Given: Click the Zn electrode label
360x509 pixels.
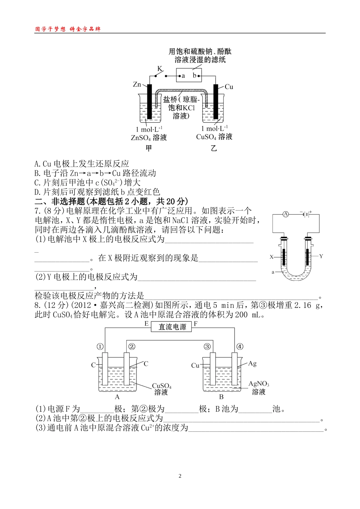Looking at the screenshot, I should (x=137, y=84).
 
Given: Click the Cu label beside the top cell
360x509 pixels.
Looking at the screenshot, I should (x=229, y=87).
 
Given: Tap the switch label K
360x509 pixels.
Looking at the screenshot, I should (x=160, y=69).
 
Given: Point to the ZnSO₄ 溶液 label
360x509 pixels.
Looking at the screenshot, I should (x=149, y=137).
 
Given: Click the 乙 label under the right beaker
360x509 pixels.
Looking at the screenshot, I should (x=214, y=148).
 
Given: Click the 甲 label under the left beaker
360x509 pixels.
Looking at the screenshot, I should (x=149, y=148).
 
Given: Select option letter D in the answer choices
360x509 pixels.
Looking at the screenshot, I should (x=37, y=192).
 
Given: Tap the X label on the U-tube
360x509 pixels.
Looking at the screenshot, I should (x=272, y=257).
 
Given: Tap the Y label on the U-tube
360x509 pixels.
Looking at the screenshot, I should (x=321, y=256).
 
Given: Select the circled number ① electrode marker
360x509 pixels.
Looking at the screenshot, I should (x=100, y=347).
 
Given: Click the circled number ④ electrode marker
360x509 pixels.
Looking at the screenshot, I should (x=239, y=347).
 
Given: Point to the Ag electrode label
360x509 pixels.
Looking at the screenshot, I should (x=252, y=364).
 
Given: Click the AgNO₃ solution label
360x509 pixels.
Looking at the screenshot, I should (x=259, y=384).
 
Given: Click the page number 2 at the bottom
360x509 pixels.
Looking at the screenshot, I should (x=180, y=476).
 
